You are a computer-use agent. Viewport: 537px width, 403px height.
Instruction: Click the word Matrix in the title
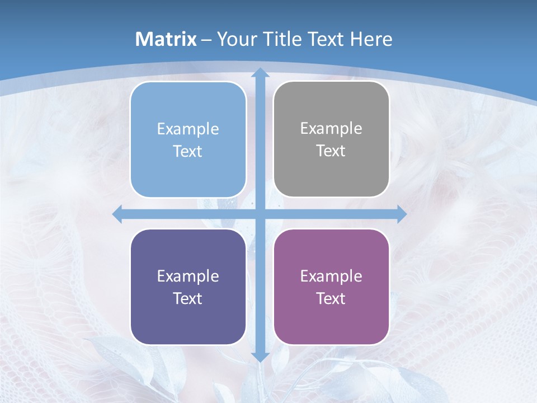166,39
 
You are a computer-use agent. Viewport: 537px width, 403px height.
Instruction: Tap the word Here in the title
371,39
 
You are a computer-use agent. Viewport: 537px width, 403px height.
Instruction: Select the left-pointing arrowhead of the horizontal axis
117,214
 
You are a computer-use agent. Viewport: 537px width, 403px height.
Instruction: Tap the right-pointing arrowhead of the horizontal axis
402,214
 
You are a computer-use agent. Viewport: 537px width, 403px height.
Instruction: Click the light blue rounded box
188,139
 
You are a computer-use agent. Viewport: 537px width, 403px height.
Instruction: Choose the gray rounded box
331,139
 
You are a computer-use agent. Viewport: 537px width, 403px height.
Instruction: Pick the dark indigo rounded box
188,287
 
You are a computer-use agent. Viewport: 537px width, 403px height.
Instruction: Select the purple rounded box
331,287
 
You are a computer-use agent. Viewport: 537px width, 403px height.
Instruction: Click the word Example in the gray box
331,129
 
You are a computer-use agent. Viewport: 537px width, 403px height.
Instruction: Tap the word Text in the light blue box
188,152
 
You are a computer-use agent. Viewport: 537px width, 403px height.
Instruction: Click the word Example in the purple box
331,276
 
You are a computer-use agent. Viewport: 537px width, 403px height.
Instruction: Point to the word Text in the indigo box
188,299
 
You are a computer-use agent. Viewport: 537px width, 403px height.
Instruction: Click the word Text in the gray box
331,151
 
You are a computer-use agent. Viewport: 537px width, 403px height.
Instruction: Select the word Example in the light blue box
188,129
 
